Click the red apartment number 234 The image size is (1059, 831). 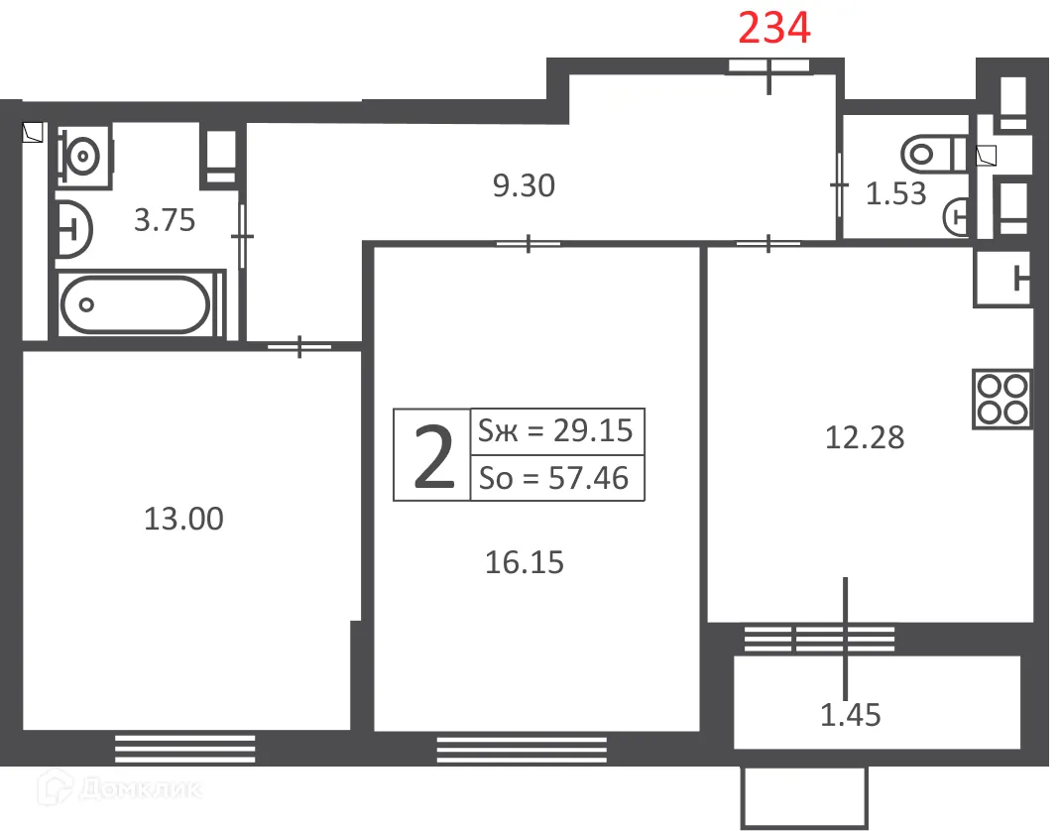click(x=774, y=29)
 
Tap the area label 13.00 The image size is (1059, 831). click(x=183, y=518)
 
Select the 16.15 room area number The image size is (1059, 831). click(x=525, y=563)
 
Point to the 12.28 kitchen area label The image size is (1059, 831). click(x=865, y=437)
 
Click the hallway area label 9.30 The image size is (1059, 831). click(x=524, y=185)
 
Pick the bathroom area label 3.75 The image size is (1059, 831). click(x=165, y=220)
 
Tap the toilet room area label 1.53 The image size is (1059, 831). click(x=896, y=194)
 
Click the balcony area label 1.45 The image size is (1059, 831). click(x=851, y=714)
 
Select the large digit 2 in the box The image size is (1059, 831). click(x=432, y=455)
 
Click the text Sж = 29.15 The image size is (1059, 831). click(x=555, y=431)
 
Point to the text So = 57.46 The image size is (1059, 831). click(x=554, y=478)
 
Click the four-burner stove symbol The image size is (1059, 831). click(x=1002, y=399)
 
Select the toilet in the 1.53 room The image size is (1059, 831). click(x=932, y=154)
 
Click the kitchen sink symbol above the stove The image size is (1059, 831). click(x=1003, y=279)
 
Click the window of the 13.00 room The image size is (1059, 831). click(x=184, y=748)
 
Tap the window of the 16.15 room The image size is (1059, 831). click(x=522, y=750)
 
